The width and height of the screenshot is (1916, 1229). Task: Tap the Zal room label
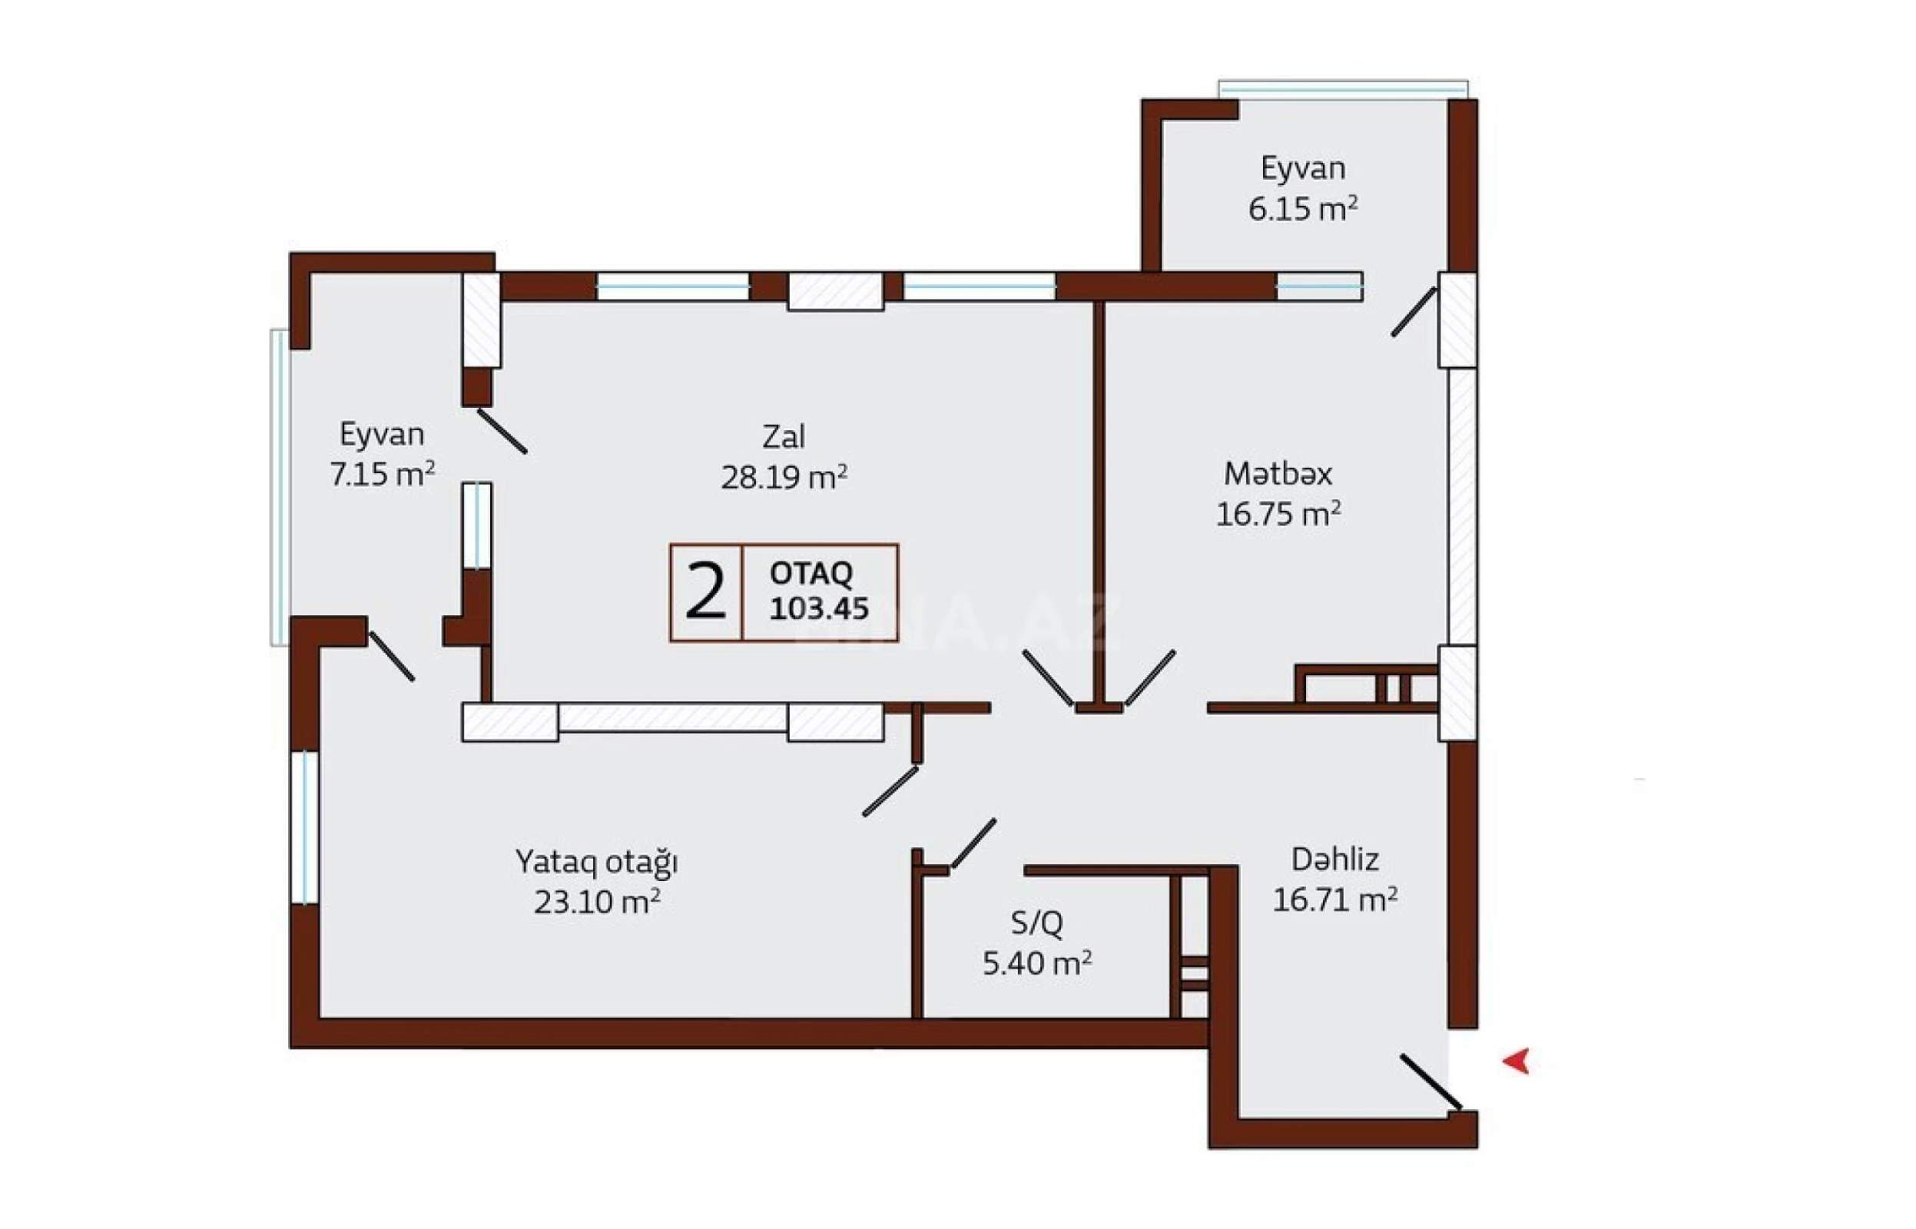click(783, 436)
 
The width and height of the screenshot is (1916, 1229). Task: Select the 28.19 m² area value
click(783, 477)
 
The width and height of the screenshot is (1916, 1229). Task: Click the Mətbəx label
click(1278, 473)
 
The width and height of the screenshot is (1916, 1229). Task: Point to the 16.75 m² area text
click(1278, 514)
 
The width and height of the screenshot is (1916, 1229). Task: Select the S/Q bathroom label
click(1036, 923)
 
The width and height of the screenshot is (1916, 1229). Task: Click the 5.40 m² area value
click(1036, 964)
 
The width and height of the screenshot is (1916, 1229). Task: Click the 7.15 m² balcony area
click(383, 474)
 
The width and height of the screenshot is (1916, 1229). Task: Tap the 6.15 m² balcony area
click(1302, 209)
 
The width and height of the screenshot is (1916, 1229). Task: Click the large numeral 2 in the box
click(705, 591)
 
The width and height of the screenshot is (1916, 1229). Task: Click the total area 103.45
click(819, 608)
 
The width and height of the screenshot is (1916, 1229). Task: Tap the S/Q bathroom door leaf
click(973, 843)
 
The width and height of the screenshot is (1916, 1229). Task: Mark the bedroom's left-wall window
click(304, 827)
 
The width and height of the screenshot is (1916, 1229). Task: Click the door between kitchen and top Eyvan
click(1414, 312)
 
